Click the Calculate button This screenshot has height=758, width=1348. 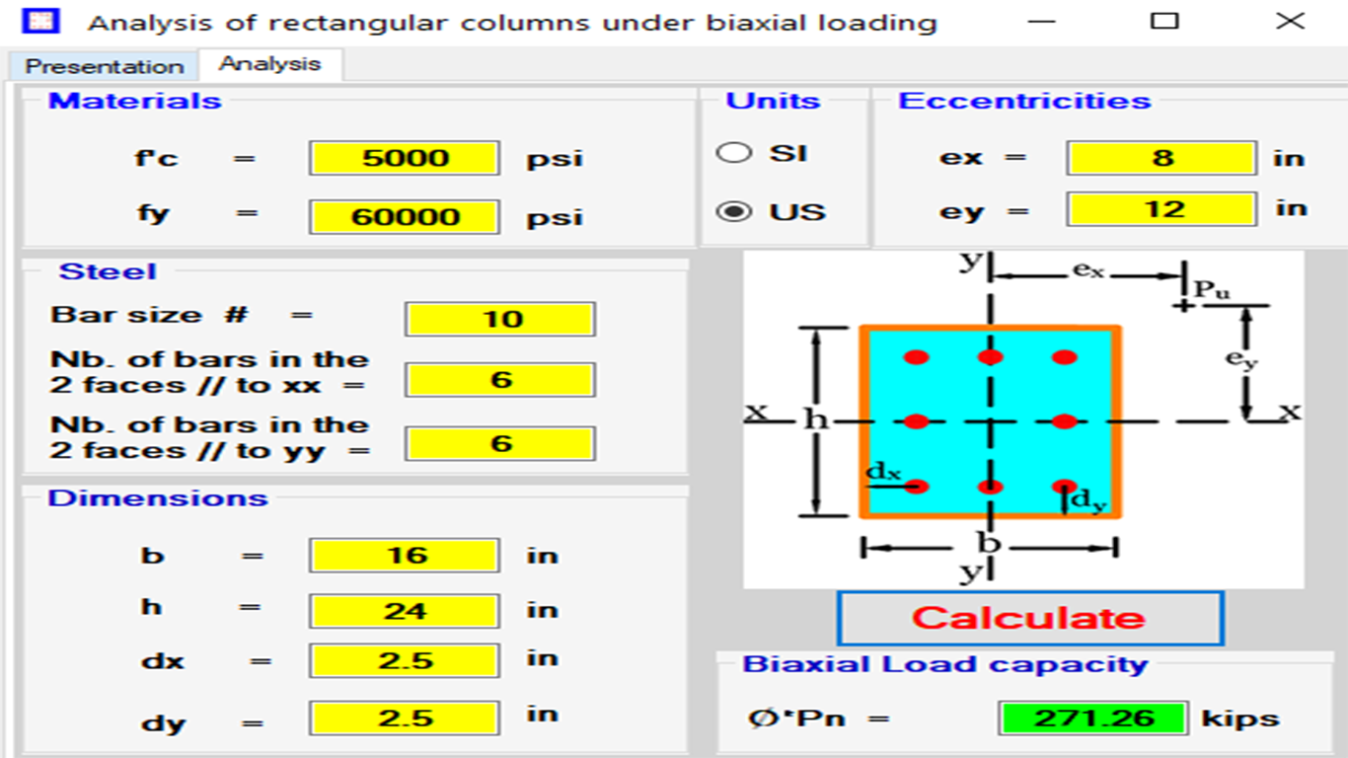coord(1030,618)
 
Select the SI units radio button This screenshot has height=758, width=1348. coord(733,153)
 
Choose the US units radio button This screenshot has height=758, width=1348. coord(733,211)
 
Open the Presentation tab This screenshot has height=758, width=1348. coord(104,65)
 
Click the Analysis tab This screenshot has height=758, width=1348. coord(270,64)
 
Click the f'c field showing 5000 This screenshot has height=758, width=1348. coord(405,158)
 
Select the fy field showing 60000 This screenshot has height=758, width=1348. coord(405,217)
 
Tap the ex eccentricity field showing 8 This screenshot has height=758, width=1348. coord(1161,158)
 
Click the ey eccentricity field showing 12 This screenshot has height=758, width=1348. coord(1161,209)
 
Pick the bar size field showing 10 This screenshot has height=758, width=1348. coord(500,319)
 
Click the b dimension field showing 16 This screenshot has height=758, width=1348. coord(405,555)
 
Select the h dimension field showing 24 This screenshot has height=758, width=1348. coord(405,612)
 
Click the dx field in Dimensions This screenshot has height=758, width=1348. coord(405,660)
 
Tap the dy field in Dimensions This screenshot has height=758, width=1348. coord(405,719)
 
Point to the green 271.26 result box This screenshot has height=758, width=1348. coord(1092,719)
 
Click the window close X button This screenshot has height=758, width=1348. coord(1290,21)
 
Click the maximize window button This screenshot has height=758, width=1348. coord(1164,21)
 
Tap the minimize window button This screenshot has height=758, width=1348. coord(1042,22)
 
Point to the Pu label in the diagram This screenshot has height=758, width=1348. coord(1212,290)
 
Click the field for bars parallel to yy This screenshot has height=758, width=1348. coord(500,444)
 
